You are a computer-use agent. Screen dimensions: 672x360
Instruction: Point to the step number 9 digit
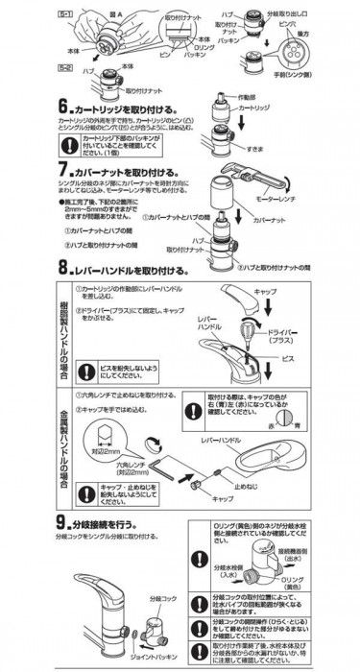point(62,524)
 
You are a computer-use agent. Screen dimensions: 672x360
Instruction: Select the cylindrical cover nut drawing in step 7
point(222,192)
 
